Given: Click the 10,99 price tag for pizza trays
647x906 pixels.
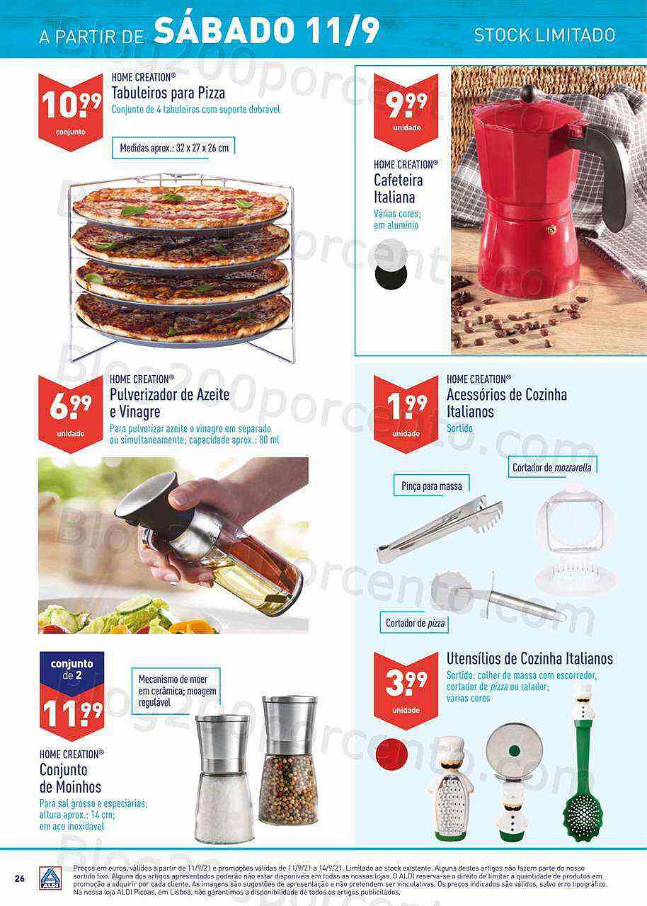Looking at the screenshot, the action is pyautogui.click(x=71, y=112).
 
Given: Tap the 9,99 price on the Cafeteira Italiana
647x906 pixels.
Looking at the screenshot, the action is pyautogui.click(x=406, y=112).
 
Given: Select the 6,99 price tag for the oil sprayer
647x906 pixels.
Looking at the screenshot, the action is pyautogui.click(x=71, y=414).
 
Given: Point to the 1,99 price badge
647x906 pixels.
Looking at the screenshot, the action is pyautogui.click(x=406, y=414).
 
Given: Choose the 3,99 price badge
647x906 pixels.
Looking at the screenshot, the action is pyautogui.click(x=406, y=691).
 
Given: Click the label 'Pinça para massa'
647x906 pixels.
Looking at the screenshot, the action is pyautogui.click(x=432, y=486).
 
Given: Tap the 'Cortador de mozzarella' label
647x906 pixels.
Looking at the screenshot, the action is pyautogui.click(x=552, y=467).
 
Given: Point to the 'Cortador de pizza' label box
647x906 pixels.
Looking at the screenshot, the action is pyautogui.click(x=415, y=623).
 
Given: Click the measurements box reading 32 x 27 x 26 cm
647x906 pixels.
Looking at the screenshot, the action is pyautogui.click(x=174, y=148).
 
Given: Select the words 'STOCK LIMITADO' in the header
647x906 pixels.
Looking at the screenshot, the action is pyautogui.click(x=544, y=35).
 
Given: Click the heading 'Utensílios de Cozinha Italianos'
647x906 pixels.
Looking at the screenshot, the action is pyautogui.click(x=529, y=659).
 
